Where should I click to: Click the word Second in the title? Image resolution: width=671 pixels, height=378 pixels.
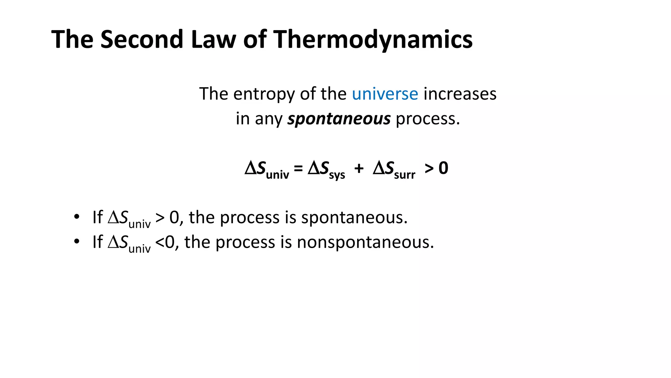coord(141,39)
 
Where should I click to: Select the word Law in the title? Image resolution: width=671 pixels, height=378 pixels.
coord(213,39)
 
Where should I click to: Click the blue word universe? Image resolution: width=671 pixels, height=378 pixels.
coord(385,94)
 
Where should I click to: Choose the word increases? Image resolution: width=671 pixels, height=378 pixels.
coord(460,94)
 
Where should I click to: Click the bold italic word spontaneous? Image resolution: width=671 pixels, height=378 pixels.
coord(339,119)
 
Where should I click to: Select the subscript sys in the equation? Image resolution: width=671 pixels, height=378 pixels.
coord(337,175)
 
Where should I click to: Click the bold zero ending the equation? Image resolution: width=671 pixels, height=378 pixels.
coord(443,168)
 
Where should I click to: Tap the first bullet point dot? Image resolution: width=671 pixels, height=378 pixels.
coord(77,217)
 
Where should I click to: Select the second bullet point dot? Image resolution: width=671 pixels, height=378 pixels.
coord(77,242)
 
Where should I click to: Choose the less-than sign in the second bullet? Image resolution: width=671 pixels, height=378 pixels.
coord(160,242)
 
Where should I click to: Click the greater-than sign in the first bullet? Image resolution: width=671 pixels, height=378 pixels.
coord(160,218)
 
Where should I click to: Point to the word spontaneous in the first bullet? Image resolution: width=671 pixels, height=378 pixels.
coord(354,218)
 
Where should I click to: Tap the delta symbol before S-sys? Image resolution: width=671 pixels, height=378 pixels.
coord(313,168)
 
